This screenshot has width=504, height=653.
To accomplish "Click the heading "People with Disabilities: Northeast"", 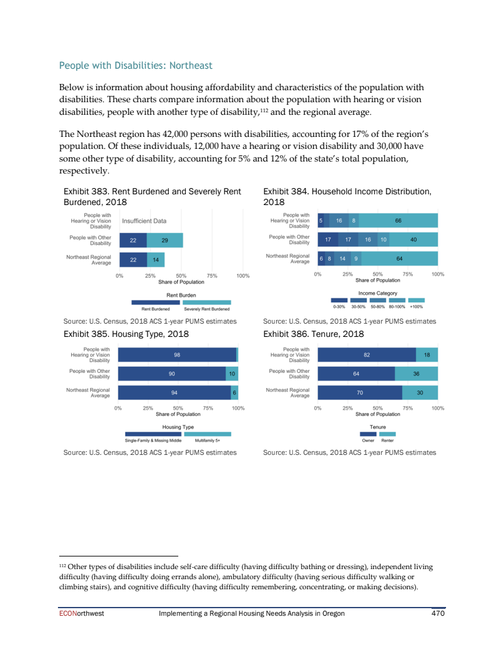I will click(x=135, y=66).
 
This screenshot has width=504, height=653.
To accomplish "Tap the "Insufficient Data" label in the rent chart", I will click(x=144, y=221).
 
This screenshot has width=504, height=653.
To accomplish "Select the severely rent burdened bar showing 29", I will click(x=164, y=240).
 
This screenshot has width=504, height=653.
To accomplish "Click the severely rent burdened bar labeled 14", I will click(x=155, y=260).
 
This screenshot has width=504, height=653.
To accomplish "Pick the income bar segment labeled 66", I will click(x=398, y=221).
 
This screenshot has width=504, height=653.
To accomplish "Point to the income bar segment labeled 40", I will click(x=413, y=240).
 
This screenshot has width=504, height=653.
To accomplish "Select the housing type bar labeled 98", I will click(x=177, y=355).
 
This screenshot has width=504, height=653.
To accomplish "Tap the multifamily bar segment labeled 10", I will click(x=232, y=374).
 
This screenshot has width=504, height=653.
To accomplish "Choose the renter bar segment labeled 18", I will click(x=427, y=355).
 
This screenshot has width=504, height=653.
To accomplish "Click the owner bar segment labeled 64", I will click(x=357, y=374).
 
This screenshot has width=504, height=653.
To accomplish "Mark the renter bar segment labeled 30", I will click(x=420, y=393).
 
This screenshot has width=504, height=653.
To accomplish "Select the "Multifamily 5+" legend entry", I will click(x=207, y=440).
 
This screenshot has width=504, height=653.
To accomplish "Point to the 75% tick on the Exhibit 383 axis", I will click(x=212, y=276).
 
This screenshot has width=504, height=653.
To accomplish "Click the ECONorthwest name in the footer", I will click(x=76, y=614).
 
